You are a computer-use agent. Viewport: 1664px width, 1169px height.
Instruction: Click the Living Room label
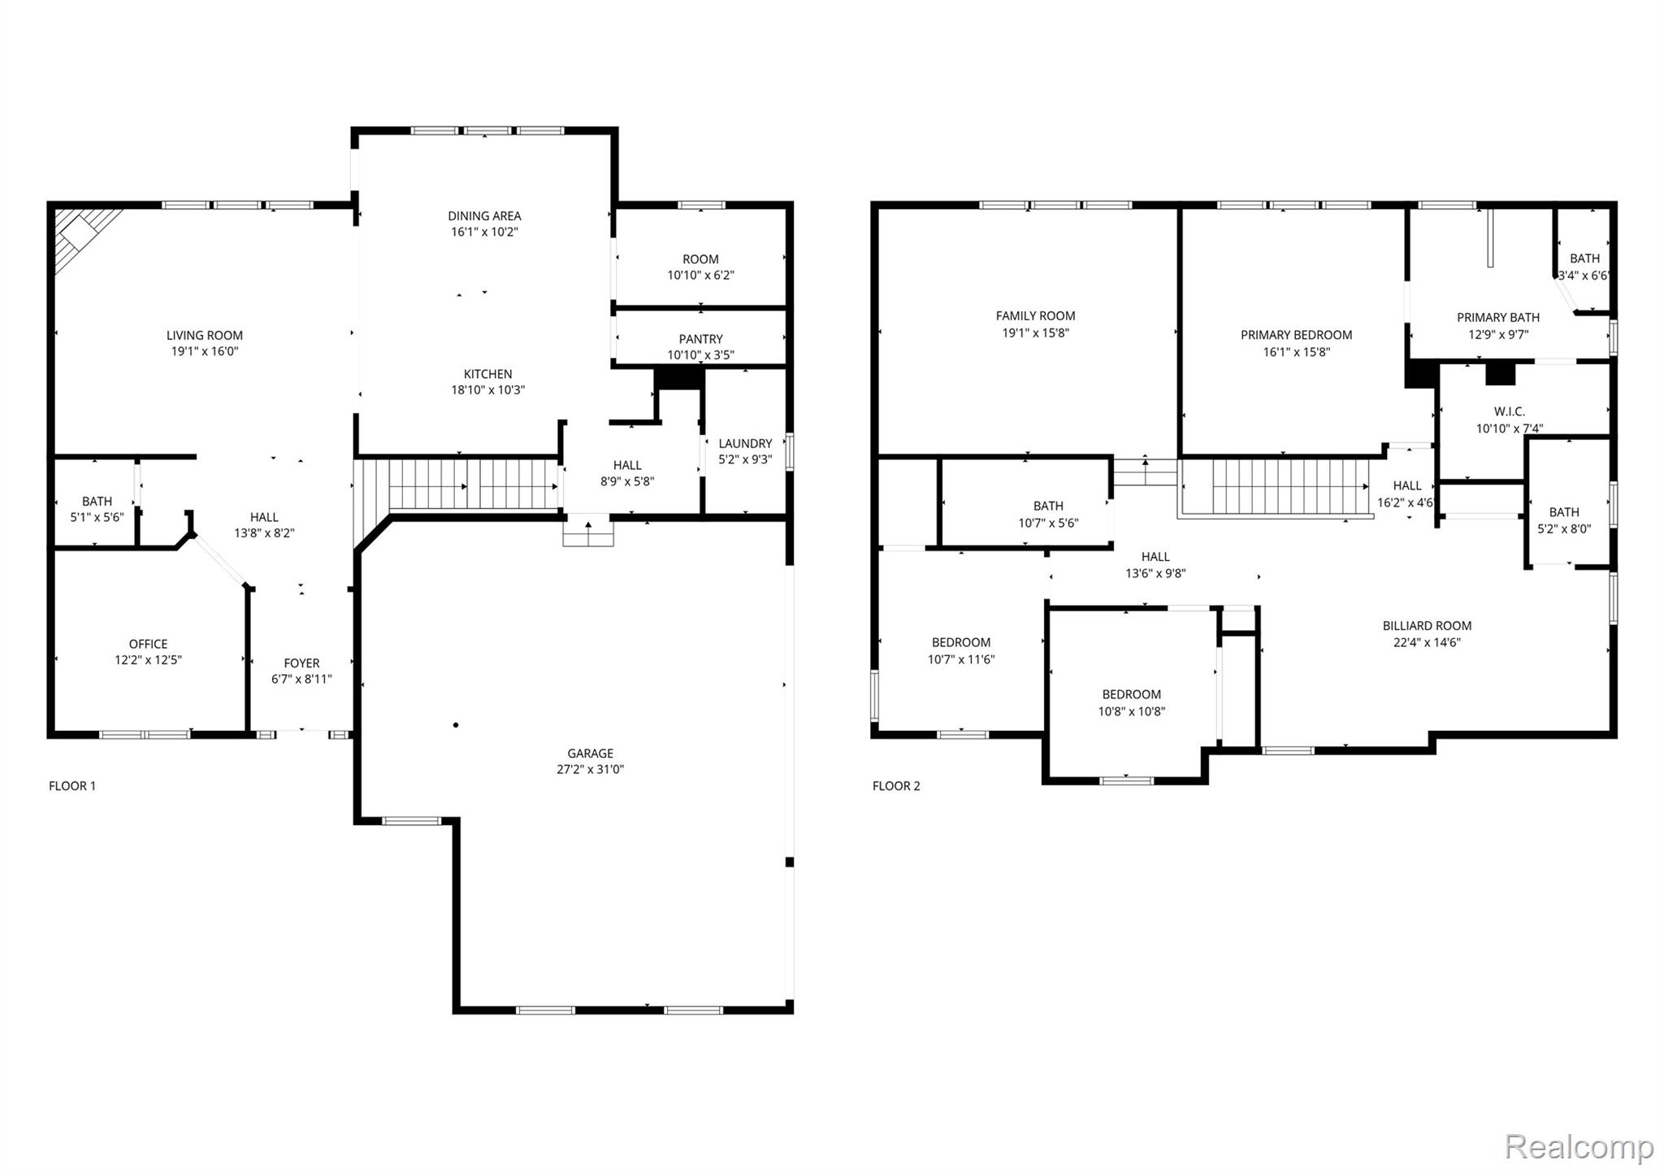tap(204, 335)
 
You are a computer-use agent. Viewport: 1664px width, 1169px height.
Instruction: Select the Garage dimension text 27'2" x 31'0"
tap(590, 769)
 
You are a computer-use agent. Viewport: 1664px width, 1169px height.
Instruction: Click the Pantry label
tap(700, 339)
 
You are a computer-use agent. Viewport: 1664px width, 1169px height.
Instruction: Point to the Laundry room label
tap(745, 443)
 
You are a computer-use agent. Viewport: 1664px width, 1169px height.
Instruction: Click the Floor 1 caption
tap(72, 785)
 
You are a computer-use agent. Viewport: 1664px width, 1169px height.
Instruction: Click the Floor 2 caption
tap(896, 785)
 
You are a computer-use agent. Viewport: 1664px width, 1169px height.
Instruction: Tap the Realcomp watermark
tap(1578, 1146)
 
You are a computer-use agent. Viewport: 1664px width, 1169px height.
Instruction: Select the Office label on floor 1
tap(148, 644)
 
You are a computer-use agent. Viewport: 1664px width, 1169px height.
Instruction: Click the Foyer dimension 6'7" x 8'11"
tap(301, 679)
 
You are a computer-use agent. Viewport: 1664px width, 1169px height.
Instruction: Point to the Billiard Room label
tap(1427, 626)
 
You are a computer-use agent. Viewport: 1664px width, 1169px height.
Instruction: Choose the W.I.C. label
tap(1509, 411)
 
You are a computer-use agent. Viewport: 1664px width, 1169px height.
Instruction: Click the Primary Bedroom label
tap(1296, 335)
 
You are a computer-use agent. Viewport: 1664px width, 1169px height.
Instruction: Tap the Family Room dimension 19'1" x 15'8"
tap(1035, 332)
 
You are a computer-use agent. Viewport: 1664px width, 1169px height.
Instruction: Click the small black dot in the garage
tap(456, 724)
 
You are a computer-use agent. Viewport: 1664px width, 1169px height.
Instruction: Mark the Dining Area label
tap(484, 215)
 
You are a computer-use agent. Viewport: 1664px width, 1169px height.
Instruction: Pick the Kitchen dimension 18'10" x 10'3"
tap(487, 389)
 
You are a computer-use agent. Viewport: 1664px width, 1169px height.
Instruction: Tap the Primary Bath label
tap(1497, 317)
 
